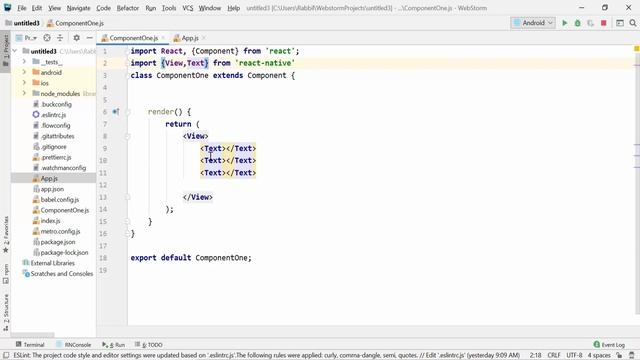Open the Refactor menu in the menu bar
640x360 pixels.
(x=127, y=8)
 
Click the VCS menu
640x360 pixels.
(x=187, y=8)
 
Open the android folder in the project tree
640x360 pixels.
(x=50, y=72)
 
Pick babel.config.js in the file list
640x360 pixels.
(x=61, y=199)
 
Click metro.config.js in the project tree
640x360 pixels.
(x=61, y=231)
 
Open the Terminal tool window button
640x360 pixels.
(x=33, y=344)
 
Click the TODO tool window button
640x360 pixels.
(x=152, y=344)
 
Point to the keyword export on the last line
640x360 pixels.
(x=145, y=258)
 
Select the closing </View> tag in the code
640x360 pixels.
(x=198, y=197)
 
